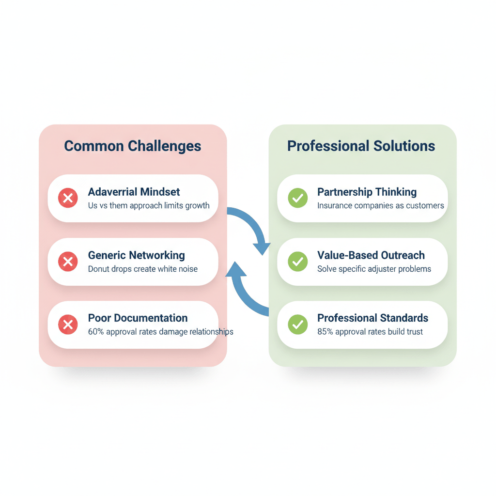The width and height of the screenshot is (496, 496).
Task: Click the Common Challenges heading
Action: tap(132, 146)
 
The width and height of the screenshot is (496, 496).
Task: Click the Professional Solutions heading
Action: tap(361, 146)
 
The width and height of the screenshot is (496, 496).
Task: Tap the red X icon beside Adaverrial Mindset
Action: tap(68, 198)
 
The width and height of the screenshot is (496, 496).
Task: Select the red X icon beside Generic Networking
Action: tap(68, 262)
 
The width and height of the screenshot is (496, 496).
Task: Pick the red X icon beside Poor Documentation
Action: tap(68, 325)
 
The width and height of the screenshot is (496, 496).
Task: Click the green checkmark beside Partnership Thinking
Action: tap(297, 198)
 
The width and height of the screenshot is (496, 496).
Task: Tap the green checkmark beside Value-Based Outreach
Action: tap(297, 262)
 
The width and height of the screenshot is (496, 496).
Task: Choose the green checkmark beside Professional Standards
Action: tap(297, 325)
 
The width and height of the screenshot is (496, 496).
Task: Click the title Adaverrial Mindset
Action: tap(134, 192)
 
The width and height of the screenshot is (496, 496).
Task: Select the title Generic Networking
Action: tap(136, 255)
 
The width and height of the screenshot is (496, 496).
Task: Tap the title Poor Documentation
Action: tap(138, 318)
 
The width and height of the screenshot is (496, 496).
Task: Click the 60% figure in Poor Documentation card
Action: tap(95, 332)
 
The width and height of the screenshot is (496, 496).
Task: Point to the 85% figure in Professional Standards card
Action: tap(325, 332)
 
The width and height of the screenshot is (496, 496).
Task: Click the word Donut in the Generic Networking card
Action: tap(98, 269)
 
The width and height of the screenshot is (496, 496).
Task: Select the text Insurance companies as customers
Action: tap(380, 206)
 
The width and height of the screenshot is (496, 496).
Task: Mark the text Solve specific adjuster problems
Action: tap(374, 269)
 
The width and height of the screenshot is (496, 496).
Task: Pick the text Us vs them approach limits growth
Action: tap(149, 205)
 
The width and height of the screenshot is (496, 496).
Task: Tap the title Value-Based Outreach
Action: tap(371, 255)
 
